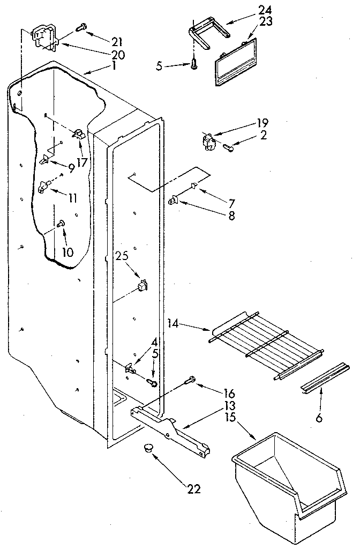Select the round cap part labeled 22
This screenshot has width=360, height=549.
148,448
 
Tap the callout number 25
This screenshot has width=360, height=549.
123,256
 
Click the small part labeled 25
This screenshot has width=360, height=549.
142,285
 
